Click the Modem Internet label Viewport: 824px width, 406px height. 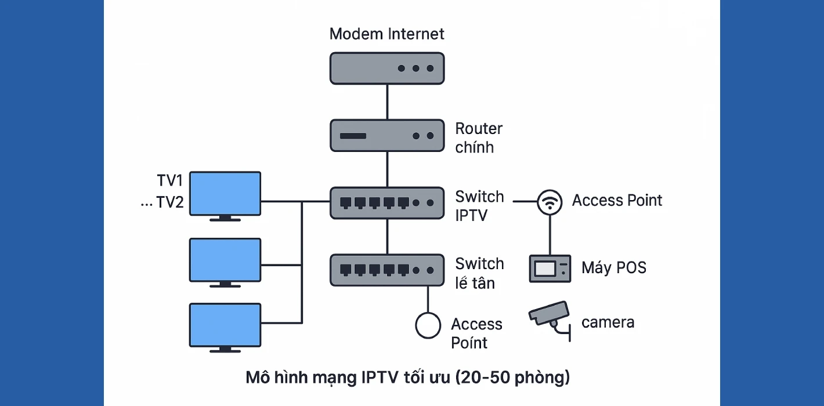[386, 34]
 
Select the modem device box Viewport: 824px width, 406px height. [386, 68]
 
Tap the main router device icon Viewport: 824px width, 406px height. [386, 136]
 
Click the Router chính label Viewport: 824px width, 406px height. [479, 137]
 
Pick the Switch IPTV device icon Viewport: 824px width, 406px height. [386, 202]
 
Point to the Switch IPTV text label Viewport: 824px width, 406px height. [479, 206]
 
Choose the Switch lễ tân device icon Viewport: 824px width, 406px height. [386, 270]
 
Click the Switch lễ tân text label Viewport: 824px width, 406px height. [479, 273]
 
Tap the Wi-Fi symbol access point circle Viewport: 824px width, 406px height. [549, 202]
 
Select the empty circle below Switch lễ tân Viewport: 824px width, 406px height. [428, 325]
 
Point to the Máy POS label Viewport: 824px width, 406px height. [613, 268]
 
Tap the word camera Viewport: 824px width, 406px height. [608, 322]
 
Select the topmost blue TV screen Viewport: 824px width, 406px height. [226, 194]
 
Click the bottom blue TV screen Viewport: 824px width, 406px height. [226, 326]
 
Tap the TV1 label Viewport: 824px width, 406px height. [170, 180]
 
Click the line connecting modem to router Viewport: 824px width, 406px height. [386, 101]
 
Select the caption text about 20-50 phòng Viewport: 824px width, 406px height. [407, 378]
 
